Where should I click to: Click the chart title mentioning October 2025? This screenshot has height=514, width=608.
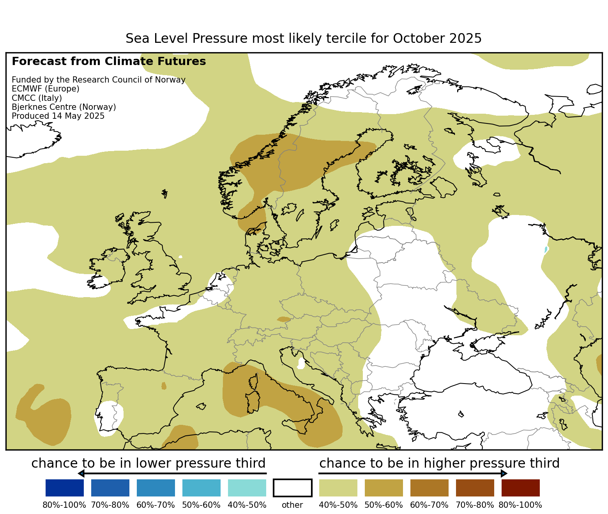coord(304,39)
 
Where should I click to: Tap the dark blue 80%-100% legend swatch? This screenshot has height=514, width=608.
coord(65,488)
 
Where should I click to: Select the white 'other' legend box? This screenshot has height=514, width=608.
coord(293,488)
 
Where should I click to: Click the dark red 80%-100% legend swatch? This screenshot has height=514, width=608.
coord(520,488)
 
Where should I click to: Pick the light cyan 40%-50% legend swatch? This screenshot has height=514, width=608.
coord(247,488)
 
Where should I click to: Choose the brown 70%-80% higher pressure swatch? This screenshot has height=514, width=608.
coord(475,488)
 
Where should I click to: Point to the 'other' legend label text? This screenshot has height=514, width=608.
coord(292,505)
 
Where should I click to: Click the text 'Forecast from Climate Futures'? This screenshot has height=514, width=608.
coord(109,62)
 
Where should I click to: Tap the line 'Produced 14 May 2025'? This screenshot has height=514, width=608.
coord(58,116)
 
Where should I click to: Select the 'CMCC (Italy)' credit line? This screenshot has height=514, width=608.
coord(37,98)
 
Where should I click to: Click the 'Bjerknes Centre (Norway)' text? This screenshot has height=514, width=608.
coord(64,107)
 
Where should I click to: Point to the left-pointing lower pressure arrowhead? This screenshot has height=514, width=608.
coord(81,474)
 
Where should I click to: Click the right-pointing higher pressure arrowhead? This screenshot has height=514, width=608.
coord(504,474)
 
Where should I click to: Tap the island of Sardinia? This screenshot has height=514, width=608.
coord(253,402)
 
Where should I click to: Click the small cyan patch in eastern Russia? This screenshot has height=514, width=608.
coord(546,249)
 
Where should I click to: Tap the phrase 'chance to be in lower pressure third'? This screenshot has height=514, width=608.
coord(148,463)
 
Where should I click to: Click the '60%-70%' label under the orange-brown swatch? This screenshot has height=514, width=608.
coord(429,505)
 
